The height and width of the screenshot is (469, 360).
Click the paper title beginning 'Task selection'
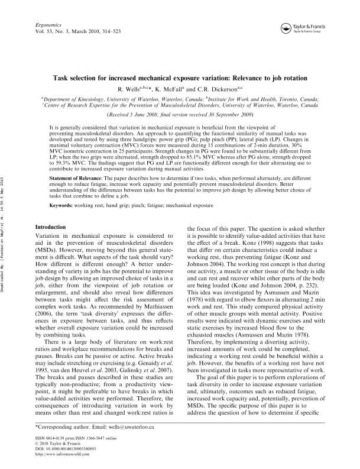tap(180, 77)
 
